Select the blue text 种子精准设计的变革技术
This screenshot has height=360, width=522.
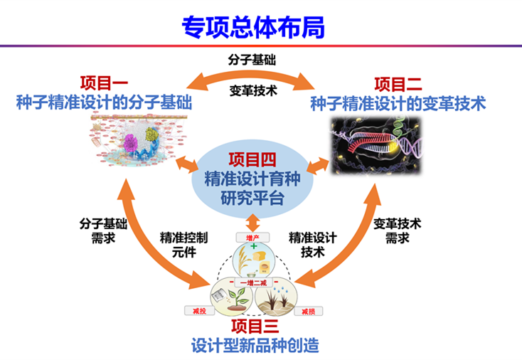[x=398, y=104]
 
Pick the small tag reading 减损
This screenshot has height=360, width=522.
[x=307, y=311]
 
